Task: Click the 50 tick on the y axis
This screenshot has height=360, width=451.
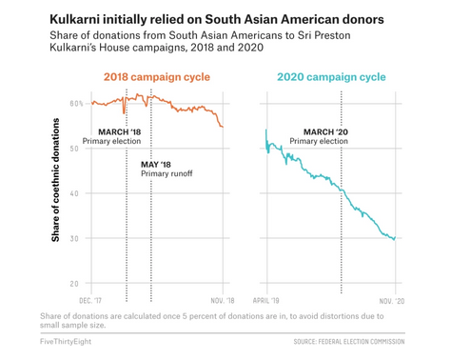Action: coord(74,148)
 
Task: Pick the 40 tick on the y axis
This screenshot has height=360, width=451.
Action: coord(74,192)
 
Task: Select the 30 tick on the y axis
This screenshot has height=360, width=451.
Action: coord(74,238)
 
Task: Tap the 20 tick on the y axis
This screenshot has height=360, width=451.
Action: coord(74,283)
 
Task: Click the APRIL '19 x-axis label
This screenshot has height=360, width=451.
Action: coord(266,300)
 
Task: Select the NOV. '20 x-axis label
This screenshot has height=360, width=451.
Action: coord(392,300)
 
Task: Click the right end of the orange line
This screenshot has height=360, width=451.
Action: coord(223,127)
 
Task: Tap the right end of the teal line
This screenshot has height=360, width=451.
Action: coord(395,239)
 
